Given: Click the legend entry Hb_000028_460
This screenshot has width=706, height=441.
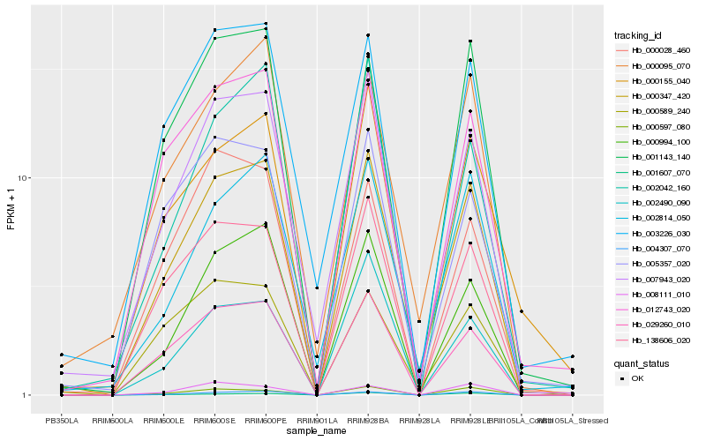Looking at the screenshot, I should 653,50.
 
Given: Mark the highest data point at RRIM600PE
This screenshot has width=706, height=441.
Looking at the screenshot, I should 267,24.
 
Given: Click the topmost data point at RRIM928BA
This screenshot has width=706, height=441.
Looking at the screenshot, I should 368,35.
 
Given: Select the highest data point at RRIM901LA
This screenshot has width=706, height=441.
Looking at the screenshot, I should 317,288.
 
